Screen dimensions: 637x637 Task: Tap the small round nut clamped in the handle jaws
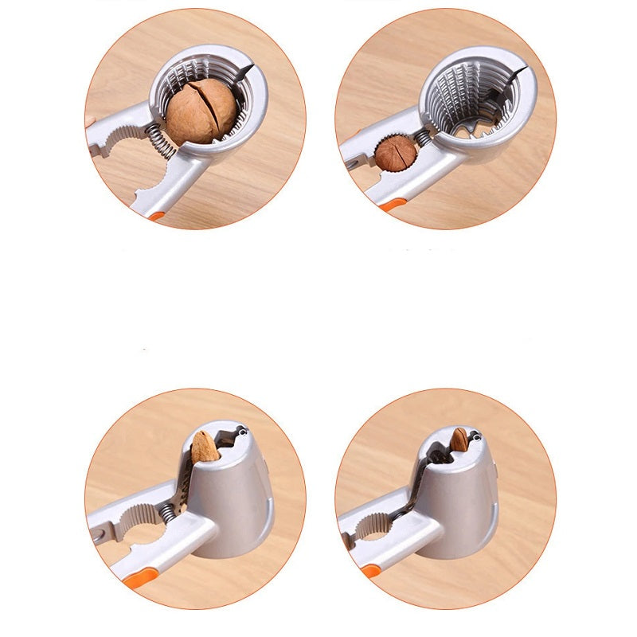pos(396,153)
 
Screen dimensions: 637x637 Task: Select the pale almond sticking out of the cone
pos(205,447)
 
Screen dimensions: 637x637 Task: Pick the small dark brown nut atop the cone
pos(459,440)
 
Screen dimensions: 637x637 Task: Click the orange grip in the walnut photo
pos(156,215)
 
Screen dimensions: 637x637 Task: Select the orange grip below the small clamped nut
pos(391,205)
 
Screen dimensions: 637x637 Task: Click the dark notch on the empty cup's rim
pos(517,73)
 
